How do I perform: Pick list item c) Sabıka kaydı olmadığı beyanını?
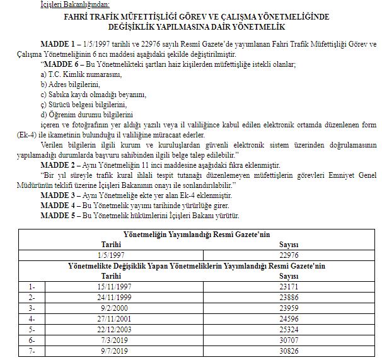(x=93, y=94)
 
